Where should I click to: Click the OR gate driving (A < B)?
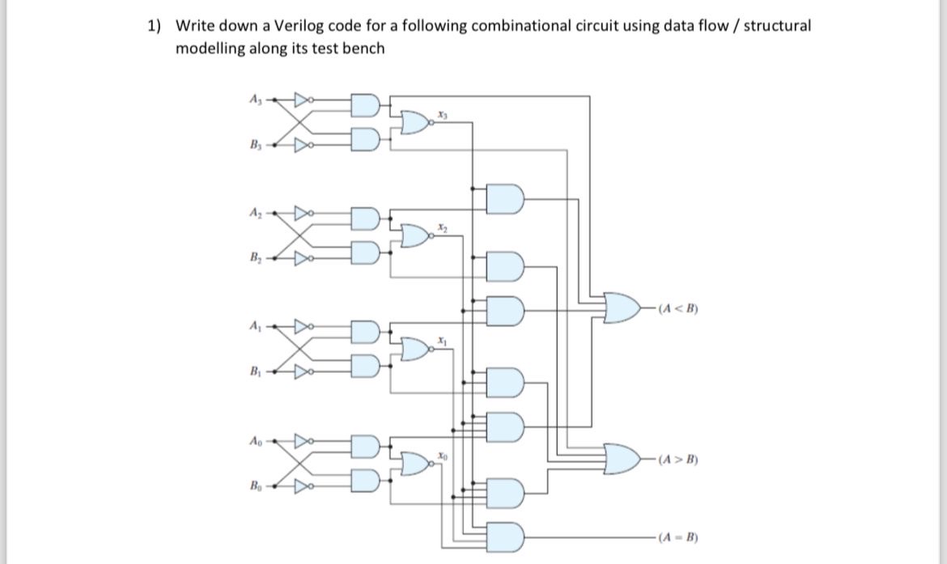(x=624, y=307)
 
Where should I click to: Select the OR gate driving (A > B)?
(x=624, y=459)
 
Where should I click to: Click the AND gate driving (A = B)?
(x=507, y=536)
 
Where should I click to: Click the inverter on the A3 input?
(x=304, y=101)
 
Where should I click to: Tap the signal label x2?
(x=441, y=229)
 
